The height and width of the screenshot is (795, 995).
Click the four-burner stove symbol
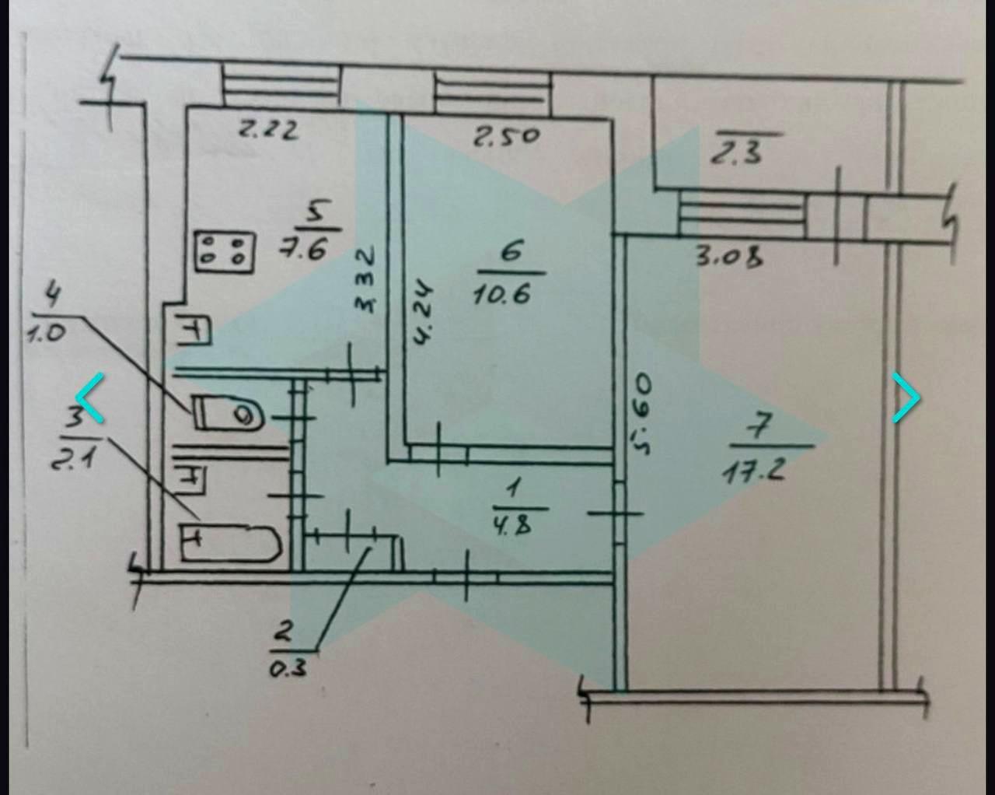225,252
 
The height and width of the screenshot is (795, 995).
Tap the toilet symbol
229,413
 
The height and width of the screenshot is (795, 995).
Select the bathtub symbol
231,543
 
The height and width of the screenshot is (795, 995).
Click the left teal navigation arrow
89,397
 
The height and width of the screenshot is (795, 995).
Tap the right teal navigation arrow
906,397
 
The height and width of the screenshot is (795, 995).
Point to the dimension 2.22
269,130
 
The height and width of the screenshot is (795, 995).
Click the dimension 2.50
506,137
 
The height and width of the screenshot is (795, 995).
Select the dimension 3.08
731,257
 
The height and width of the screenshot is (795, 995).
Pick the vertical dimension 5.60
643,413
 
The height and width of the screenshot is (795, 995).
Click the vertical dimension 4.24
423,314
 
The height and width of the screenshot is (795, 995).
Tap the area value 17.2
753,472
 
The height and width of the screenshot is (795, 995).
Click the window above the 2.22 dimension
281,86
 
